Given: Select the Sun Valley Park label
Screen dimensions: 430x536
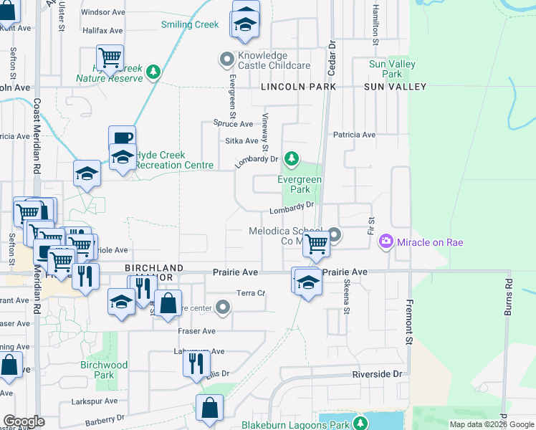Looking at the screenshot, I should click(392, 69).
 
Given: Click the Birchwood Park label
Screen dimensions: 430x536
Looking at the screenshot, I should click(104, 370).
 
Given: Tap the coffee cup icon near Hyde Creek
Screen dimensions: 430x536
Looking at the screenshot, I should click(122, 138).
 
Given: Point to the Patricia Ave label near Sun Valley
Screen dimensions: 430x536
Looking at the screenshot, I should click(354, 135).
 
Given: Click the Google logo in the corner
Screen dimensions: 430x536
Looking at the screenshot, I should click(24, 421).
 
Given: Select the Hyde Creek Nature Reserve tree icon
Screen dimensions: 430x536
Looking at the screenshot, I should click(153, 72).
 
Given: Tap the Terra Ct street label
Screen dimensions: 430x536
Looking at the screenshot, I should click(251, 293).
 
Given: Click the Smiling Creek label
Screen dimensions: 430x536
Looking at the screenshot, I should click(190, 24).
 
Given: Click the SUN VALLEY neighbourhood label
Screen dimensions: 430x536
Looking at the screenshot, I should click(395, 87).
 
